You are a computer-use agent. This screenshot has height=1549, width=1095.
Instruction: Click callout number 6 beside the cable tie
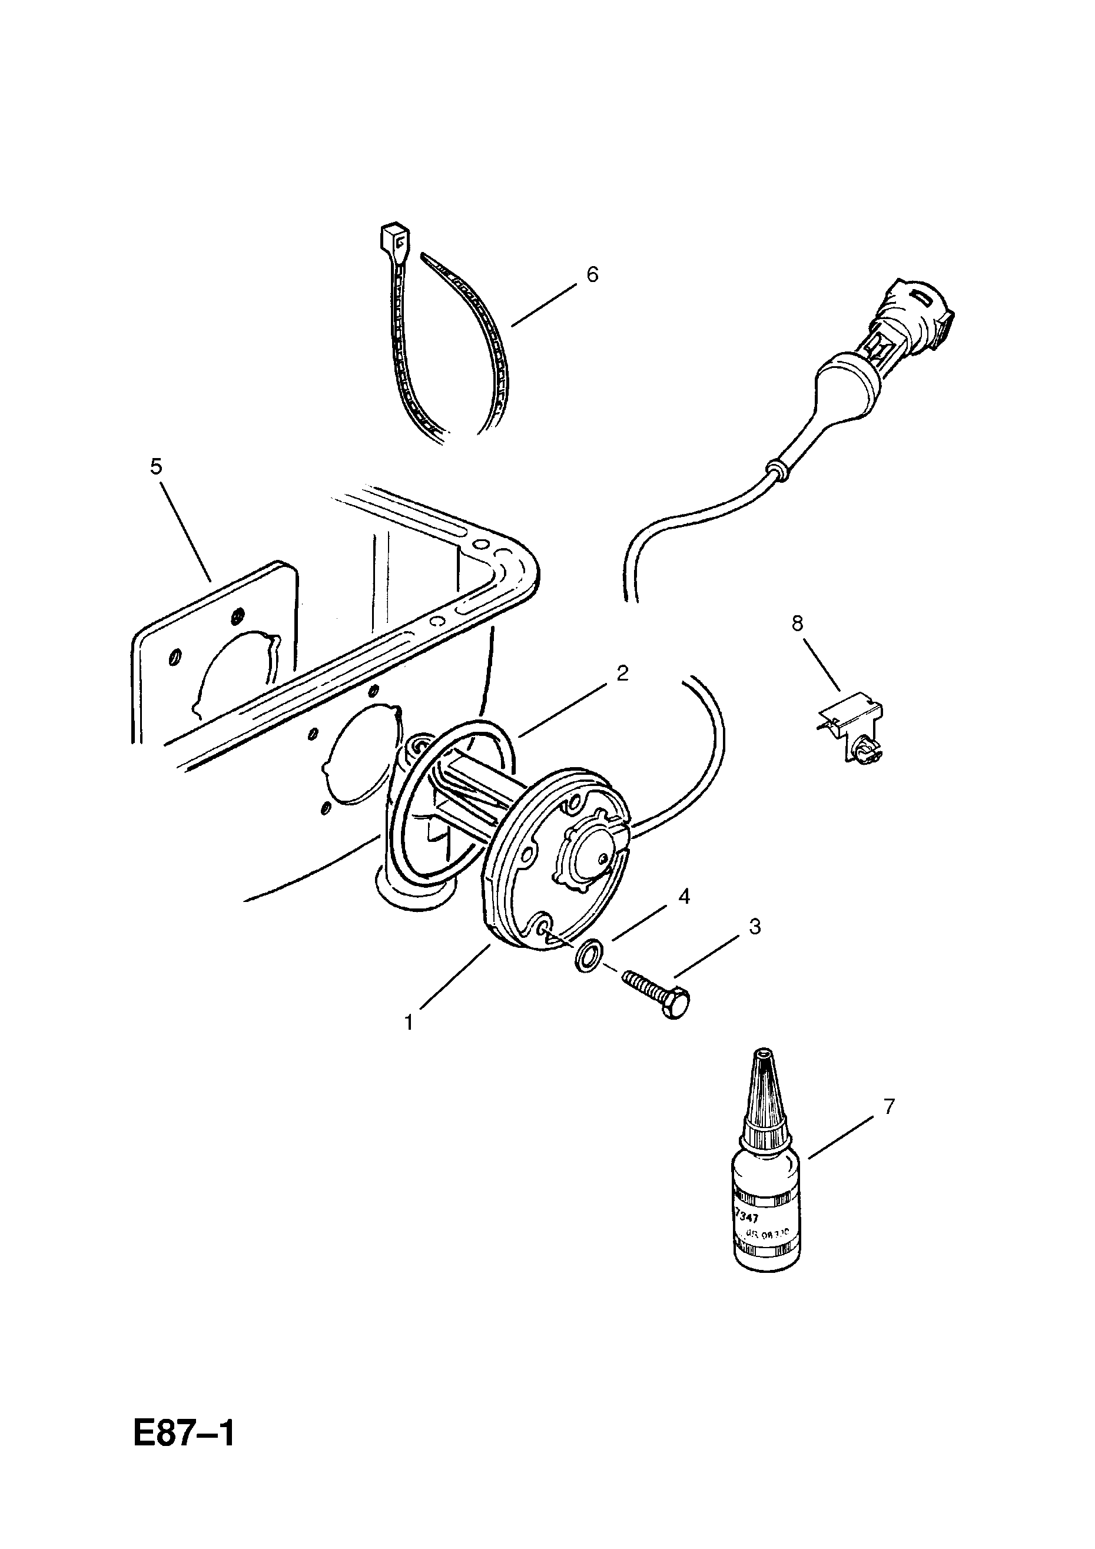click(x=592, y=274)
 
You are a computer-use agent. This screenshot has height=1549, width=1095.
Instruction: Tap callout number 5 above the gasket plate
click(x=156, y=466)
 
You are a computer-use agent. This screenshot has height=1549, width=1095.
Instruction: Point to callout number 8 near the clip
click(x=798, y=623)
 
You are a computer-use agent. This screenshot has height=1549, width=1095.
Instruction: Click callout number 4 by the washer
click(x=684, y=897)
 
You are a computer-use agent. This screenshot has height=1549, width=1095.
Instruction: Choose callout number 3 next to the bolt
click(x=755, y=926)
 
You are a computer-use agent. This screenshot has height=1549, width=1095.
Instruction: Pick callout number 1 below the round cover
click(x=408, y=1023)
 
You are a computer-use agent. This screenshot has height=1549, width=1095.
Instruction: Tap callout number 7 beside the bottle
click(x=888, y=1106)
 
